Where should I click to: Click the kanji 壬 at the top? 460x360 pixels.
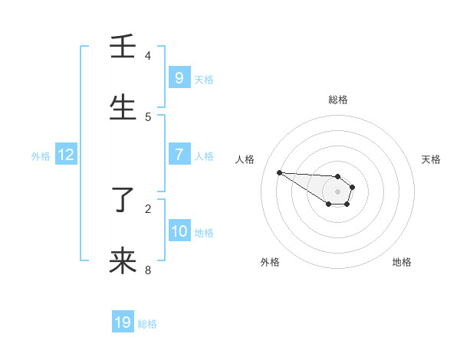[x=123, y=47]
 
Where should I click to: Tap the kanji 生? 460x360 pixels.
[x=123, y=109]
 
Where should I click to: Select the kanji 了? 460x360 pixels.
[x=123, y=201]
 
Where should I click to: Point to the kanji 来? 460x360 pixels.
[x=123, y=262]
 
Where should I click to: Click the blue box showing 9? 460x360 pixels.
[x=179, y=77]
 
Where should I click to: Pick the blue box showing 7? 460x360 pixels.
[x=179, y=154]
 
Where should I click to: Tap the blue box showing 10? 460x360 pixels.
[x=179, y=231]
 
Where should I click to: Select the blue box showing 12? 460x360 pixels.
[x=66, y=155]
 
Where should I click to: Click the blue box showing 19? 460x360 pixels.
[x=123, y=322]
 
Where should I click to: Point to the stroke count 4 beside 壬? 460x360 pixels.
[x=148, y=55]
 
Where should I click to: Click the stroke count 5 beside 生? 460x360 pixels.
[x=148, y=116]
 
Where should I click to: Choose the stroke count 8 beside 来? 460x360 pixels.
[x=148, y=270]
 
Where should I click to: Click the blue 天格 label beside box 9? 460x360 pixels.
[x=204, y=79]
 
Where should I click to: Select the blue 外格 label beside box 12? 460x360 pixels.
[x=41, y=156]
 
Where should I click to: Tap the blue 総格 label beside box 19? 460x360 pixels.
[x=147, y=324]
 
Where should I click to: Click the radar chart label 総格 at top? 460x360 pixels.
[x=338, y=100]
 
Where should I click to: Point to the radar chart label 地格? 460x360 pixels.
[x=402, y=262]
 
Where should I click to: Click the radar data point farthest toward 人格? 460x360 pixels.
[x=279, y=172]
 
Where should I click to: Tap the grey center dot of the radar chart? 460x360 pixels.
[x=337, y=191]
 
